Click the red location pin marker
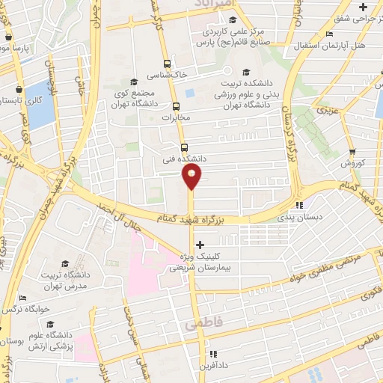[191, 177]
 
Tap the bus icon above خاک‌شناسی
[168, 64]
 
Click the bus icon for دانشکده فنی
[184, 147]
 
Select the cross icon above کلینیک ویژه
[199, 245]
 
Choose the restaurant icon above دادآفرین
[212, 353]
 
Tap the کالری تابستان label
[22, 98]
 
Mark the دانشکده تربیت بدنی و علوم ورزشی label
[241, 89]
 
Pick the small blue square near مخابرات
[189, 93]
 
